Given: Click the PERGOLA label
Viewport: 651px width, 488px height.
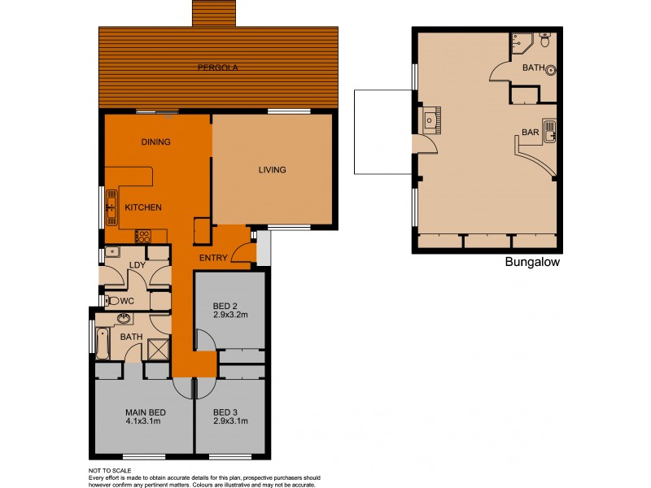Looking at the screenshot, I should [x=217, y=68].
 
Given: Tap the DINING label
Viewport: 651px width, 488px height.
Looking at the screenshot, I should [x=155, y=142].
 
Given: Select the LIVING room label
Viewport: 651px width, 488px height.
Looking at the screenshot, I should [x=272, y=170].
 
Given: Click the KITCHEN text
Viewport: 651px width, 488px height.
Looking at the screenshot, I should [x=142, y=207].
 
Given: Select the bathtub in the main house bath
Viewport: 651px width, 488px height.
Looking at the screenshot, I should [x=103, y=343].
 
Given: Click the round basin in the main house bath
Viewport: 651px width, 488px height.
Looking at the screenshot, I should [x=124, y=319].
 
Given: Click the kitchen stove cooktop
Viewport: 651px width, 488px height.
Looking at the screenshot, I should [x=142, y=237].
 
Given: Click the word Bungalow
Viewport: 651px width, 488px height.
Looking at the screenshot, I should [x=532, y=262].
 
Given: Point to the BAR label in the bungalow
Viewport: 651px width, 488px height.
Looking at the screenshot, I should [x=530, y=132].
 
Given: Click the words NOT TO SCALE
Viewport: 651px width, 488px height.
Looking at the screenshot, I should [x=110, y=470].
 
